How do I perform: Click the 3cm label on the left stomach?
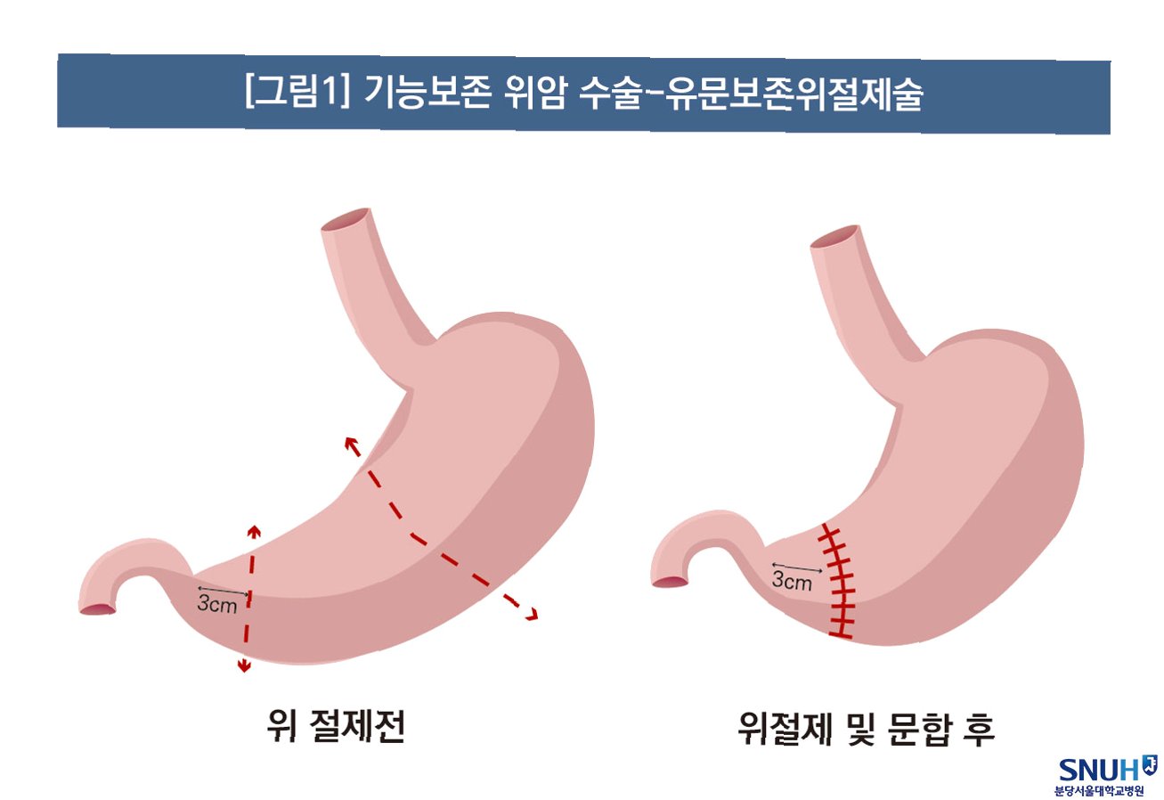coord(216,605)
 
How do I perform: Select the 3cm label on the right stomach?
coord(792,583)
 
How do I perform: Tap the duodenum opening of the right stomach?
coord(671,582)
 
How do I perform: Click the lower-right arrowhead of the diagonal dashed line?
coord(533,614)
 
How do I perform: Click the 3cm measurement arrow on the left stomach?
coord(223,591)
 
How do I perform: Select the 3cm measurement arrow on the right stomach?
coord(797,567)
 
